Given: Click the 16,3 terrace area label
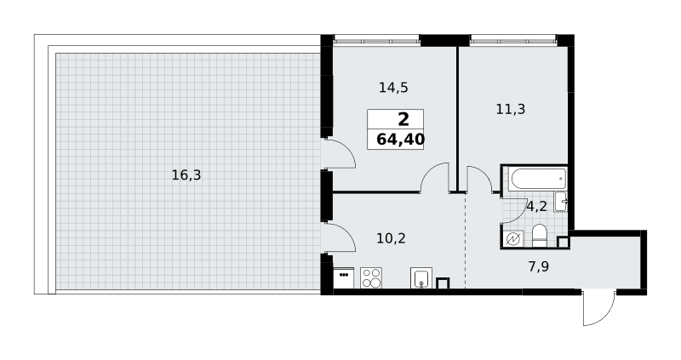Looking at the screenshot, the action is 186,175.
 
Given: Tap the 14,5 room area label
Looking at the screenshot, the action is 393,88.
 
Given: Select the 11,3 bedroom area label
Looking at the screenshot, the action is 511,109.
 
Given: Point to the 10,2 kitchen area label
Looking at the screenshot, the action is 392,238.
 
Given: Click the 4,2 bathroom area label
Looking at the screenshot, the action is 536,206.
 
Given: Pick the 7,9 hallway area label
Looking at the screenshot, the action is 539,266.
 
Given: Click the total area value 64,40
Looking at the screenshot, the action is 400,140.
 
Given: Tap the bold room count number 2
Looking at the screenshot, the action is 403,119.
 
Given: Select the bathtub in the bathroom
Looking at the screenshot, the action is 538,179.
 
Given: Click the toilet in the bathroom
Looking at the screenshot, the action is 540,236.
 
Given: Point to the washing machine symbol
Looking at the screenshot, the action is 513,239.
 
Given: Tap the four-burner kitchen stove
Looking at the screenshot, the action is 371,277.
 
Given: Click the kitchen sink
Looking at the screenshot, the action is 421,278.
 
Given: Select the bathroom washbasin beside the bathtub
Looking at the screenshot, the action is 561,202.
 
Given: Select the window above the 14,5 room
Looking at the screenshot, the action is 376,41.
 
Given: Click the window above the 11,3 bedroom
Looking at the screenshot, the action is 513,41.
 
